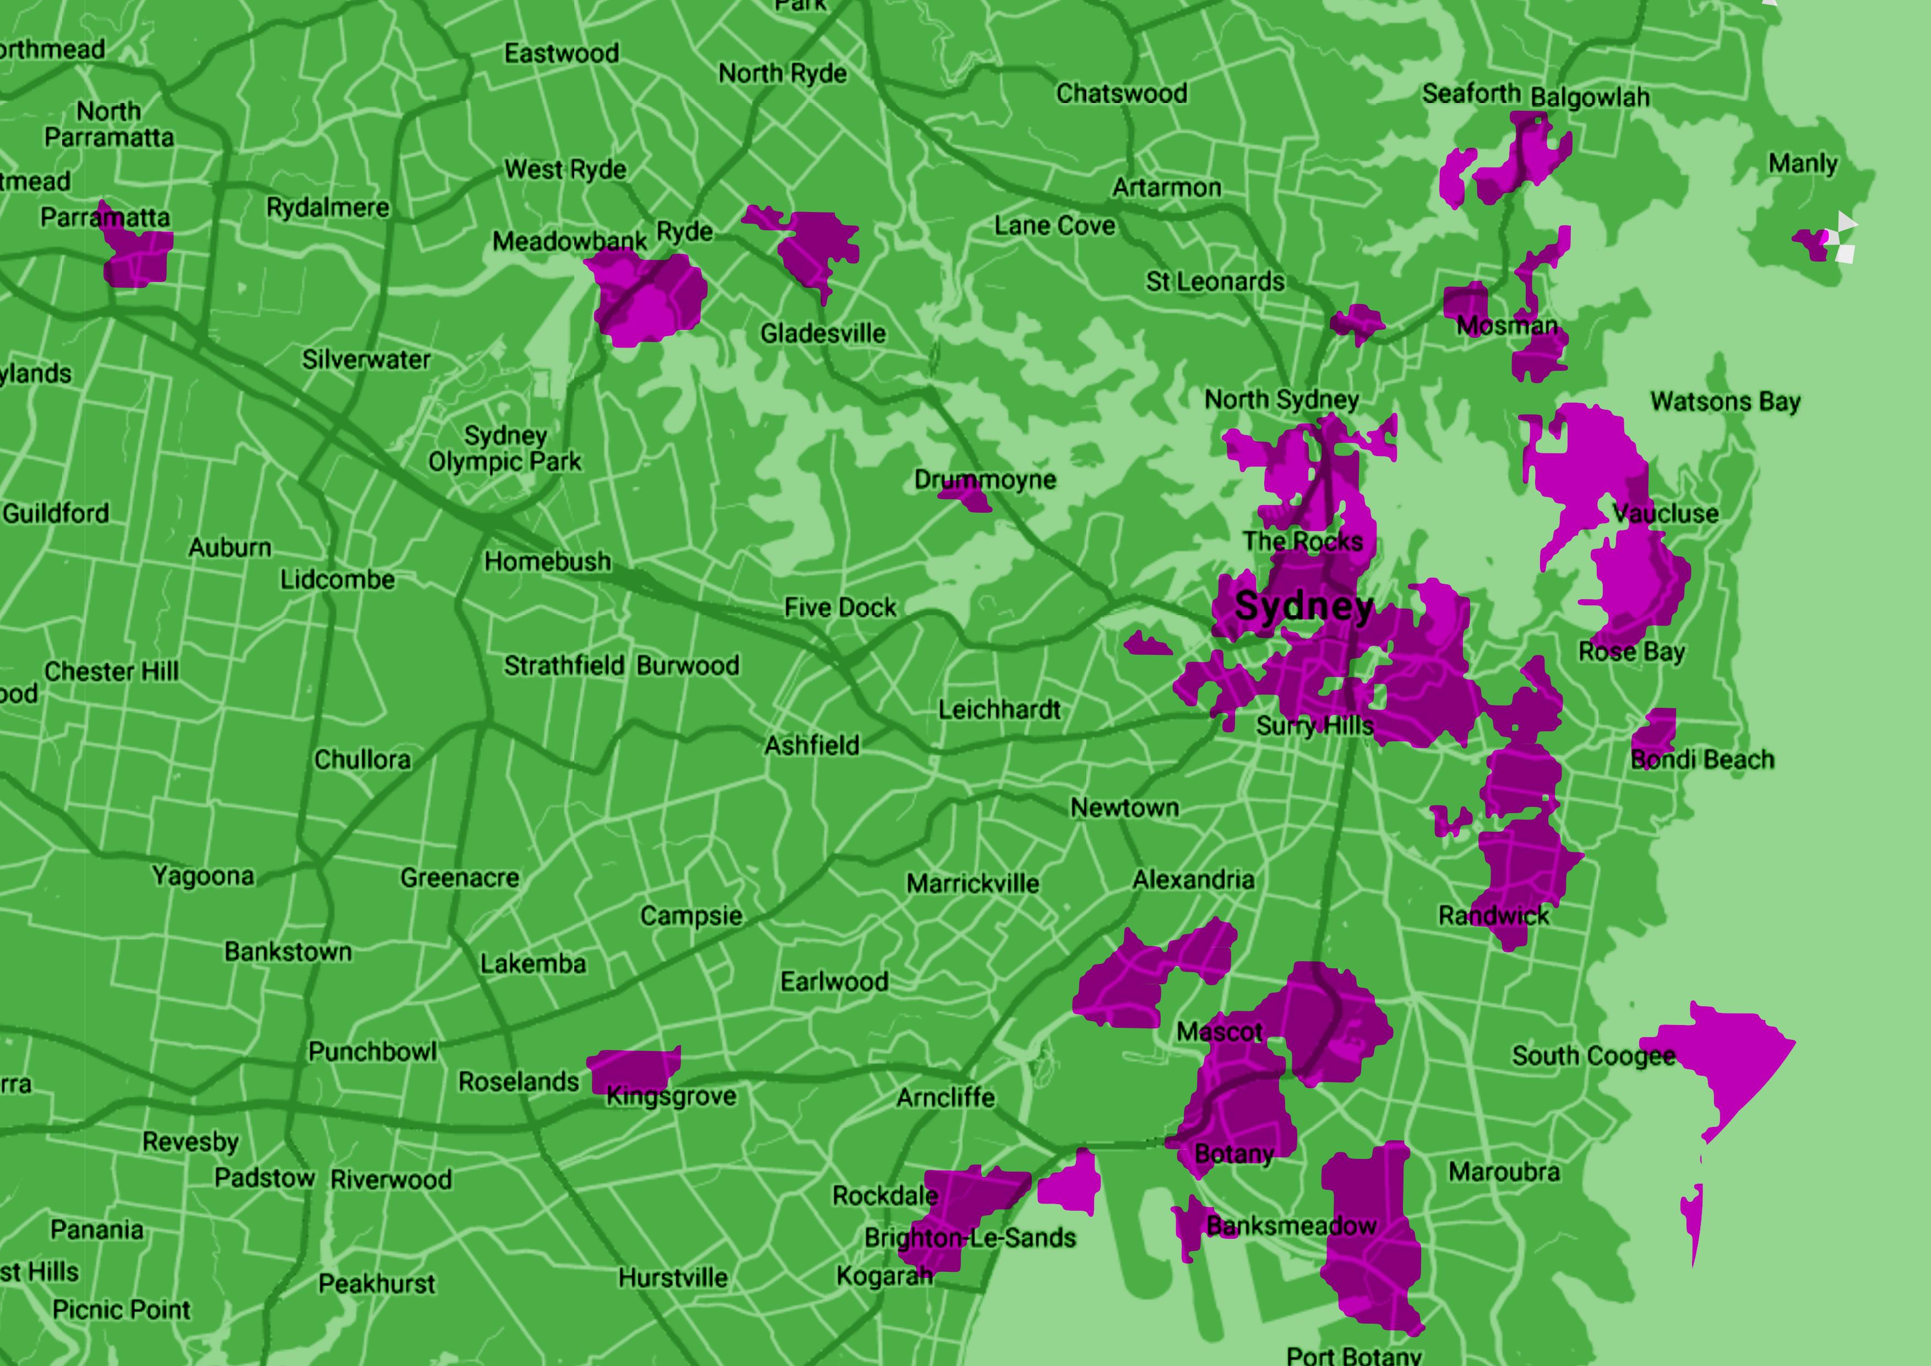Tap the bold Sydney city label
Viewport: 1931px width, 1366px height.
pyautogui.click(x=1304, y=606)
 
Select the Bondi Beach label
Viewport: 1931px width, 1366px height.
pyautogui.click(x=1702, y=760)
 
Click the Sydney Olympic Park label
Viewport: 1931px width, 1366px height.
pyautogui.click(x=504, y=448)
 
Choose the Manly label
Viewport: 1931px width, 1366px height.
pyautogui.click(x=1802, y=163)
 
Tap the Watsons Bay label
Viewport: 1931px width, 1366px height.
pyautogui.click(x=1725, y=401)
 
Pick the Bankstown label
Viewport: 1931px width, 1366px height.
pyautogui.click(x=287, y=951)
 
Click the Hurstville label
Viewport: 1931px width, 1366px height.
pyautogui.click(x=673, y=1278)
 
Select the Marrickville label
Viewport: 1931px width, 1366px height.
pyautogui.click(x=972, y=883)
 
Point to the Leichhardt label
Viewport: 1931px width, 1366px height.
pyautogui.click(x=999, y=709)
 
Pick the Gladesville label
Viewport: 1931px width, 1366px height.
pyautogui.click(x=823, y=333)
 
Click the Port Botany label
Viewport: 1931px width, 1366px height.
pyautogui.click(x=1353, y=1354)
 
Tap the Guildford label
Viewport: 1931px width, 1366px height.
pyautogui.click(x=56, y=513)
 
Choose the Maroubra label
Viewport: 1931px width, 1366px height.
pyautogui.click(x=1504, y=1172)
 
